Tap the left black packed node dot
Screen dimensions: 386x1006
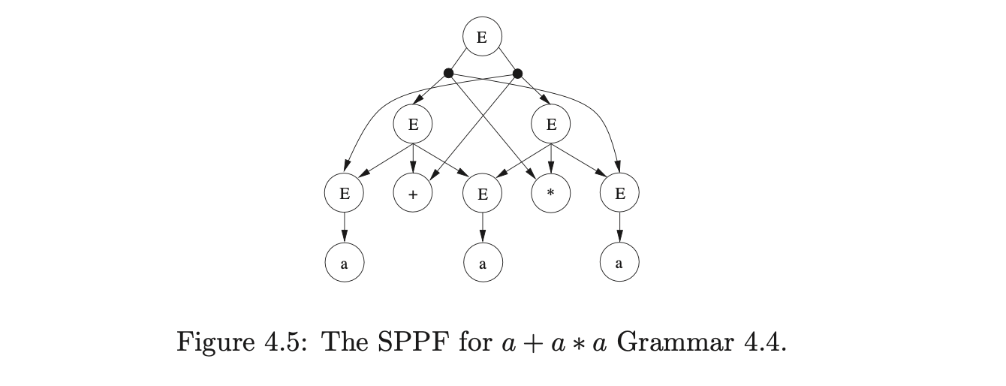[x=448, y=73]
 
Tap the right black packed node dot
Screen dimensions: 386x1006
[x=517, y=73]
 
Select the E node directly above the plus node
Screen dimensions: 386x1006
[x=413, y=124]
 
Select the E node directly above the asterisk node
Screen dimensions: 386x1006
[x=551, y=124]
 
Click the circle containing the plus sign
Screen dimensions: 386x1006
[x=413, y=194]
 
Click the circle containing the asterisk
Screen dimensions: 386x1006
[x=551, y=194]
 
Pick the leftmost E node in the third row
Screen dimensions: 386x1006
[x=344, y=194]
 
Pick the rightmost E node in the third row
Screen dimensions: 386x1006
[x=619, y=194]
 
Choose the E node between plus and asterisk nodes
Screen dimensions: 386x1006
[x=482, y=194]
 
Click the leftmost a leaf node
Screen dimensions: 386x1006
[x=344, y=263]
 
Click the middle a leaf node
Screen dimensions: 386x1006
[x=482, y=263]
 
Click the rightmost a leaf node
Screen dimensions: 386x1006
[x=619, y=263]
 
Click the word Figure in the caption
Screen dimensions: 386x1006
[x=214, y=343]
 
